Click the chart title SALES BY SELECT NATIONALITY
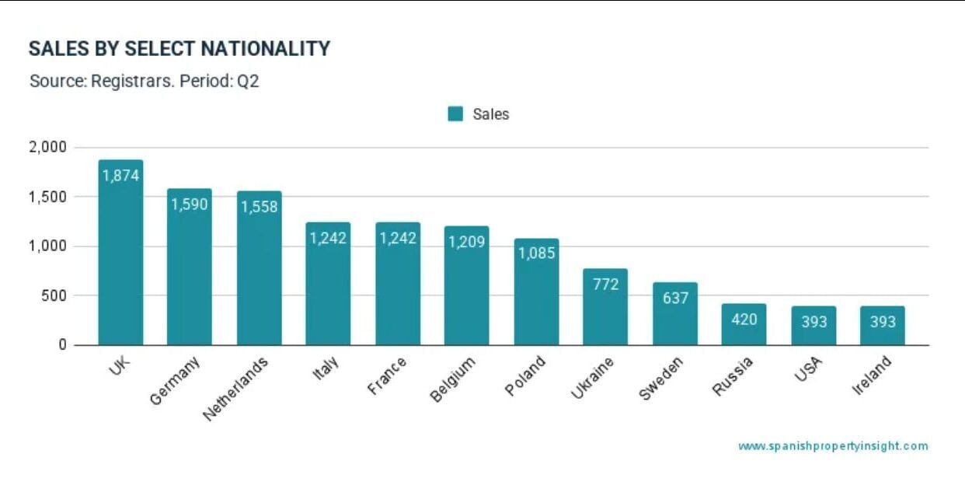point(179,49)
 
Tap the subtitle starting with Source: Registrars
point(144,81)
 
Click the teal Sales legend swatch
point(455,114)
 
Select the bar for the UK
point(120,257)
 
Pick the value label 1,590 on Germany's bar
point(190,205)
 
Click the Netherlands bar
point(259,272)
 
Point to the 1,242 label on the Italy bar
point(328,239)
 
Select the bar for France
point(398,288)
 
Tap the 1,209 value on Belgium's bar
point(466,242)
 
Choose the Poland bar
point(536,295)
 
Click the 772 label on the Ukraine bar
point(605,285)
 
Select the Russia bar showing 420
point(744,325)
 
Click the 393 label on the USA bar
point(813,322)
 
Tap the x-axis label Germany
point(175,380)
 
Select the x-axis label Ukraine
point(592,379)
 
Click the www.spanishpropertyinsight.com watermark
point(832,446)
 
